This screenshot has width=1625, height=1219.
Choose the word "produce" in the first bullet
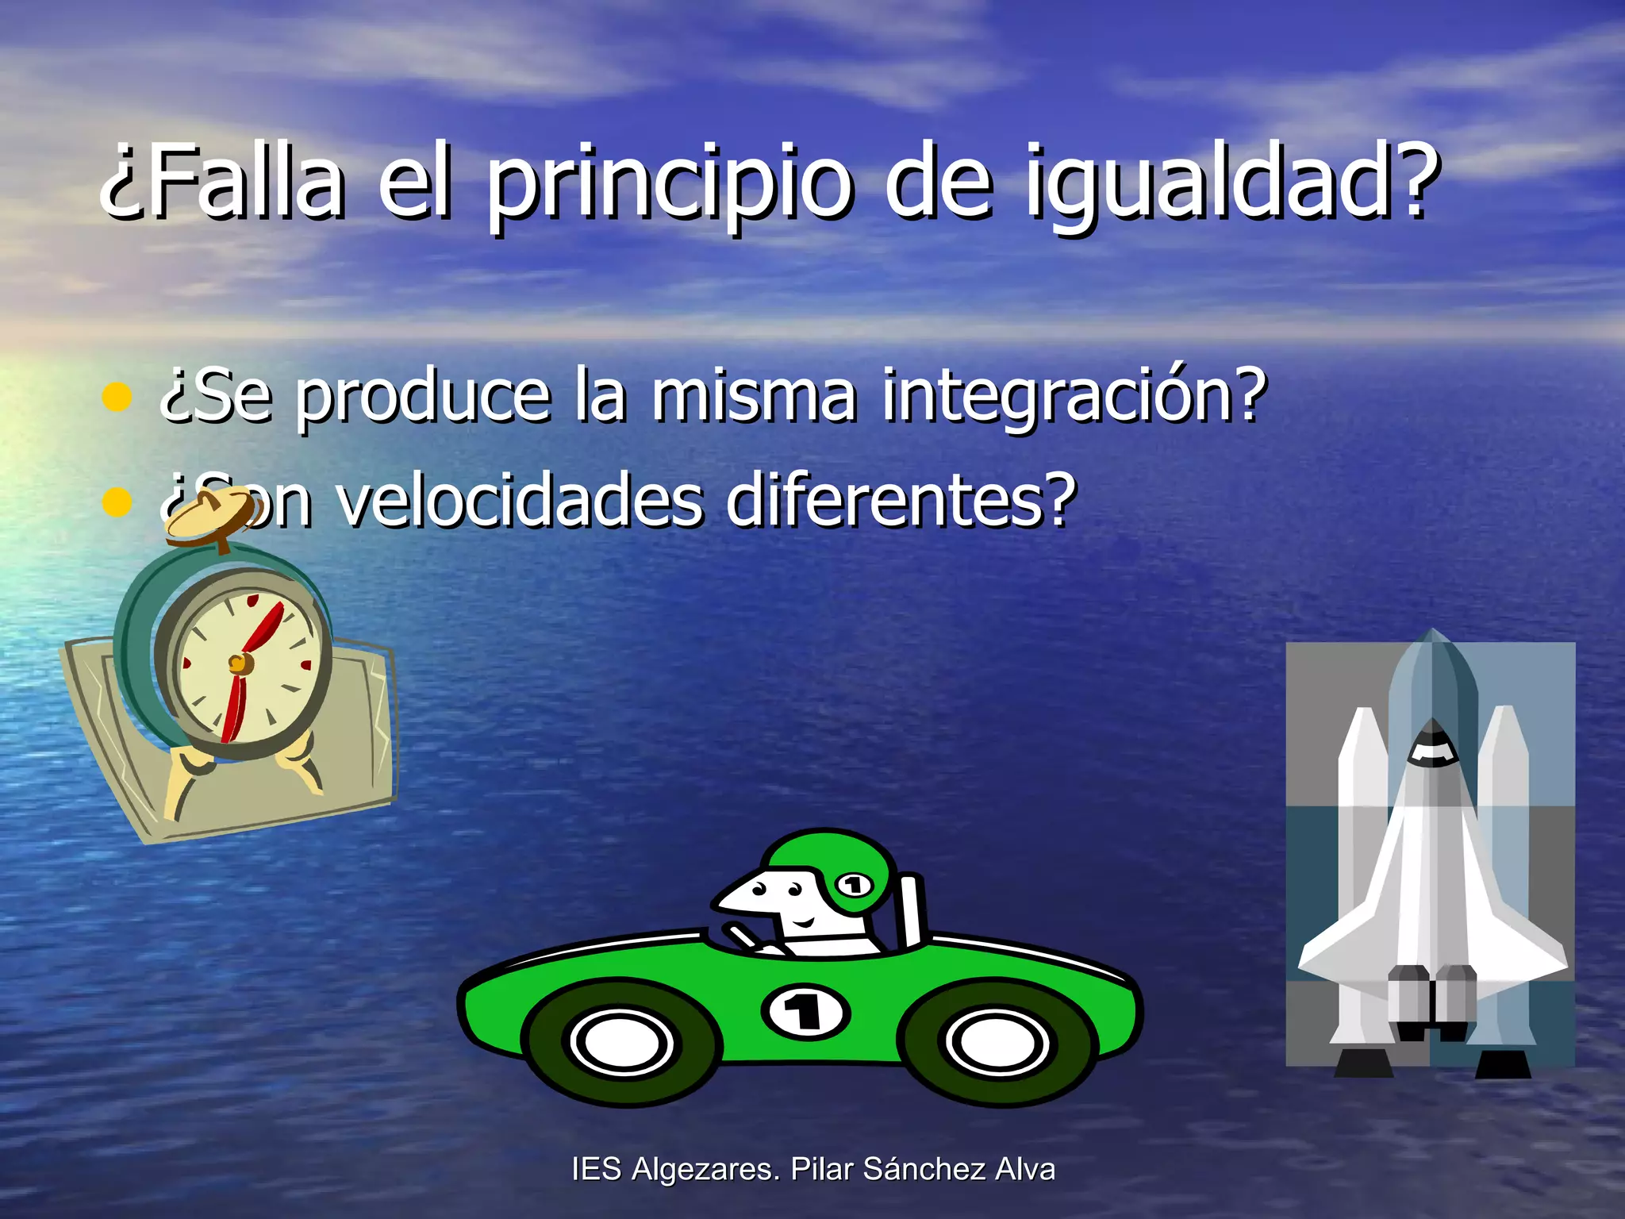click(423, 397)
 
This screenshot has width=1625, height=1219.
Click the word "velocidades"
click(521, 501)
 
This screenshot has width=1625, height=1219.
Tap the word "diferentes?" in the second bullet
click(901, 501)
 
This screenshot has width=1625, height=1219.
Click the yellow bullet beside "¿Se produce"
click(117, 397)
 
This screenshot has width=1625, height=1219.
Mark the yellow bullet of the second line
click(117, 502)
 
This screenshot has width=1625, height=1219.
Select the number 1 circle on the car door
click(805, 1012)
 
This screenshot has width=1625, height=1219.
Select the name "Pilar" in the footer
click(823, 1169)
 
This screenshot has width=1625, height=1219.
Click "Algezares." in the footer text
click(707, 1170)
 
